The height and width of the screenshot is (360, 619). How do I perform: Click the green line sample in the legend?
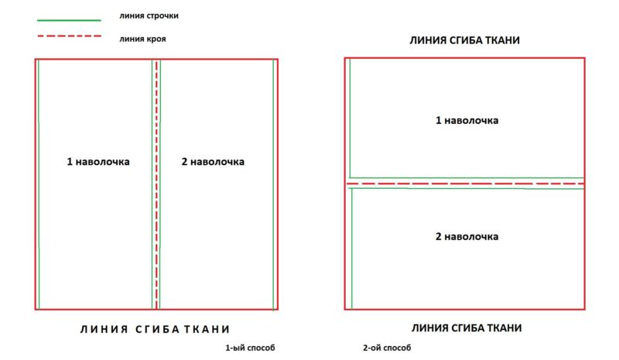coord(69,20)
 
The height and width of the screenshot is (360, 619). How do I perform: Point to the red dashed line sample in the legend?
coord(69,36)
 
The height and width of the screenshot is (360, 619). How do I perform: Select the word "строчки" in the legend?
coord(163,15)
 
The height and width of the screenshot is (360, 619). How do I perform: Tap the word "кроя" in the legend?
coord(156,39)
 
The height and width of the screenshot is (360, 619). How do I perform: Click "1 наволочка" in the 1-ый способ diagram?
coord(98,162)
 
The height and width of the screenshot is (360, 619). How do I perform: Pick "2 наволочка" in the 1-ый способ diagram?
coord(213,162)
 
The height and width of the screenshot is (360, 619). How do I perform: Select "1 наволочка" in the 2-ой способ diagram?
coord(467,121)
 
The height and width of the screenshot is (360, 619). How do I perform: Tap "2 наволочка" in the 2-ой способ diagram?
coord(467,237)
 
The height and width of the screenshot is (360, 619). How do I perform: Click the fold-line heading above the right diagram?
coord(465,40)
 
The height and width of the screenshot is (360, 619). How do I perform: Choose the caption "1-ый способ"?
coord(250,348)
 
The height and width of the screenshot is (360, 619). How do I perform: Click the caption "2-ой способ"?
coord(387,348)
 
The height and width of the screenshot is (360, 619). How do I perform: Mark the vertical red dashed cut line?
coord(157,184)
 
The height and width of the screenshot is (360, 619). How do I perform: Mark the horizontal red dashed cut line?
coord(466,183)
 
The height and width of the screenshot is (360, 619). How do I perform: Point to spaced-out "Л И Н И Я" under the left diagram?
coord(104,329)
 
